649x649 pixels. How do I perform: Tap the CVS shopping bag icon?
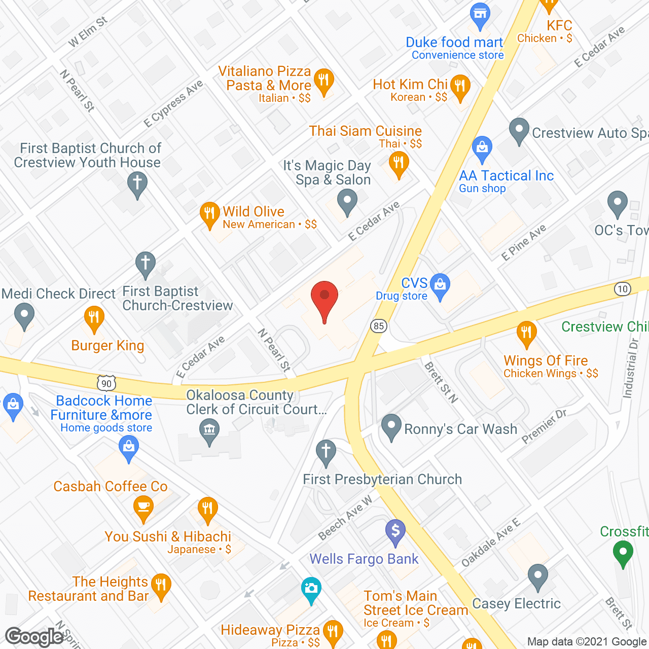point(440,285)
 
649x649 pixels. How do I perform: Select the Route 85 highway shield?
point(379,326)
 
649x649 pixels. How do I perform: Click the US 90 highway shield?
point(106,383)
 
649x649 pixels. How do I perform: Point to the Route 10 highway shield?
point(622,289)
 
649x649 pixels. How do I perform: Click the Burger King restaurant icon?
point(94,318)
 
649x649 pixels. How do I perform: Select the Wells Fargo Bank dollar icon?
point(395,532)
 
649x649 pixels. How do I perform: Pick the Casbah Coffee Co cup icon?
point(143,508)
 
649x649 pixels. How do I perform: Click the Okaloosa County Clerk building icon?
point(209,431)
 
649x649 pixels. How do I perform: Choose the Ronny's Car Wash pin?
point(391,426)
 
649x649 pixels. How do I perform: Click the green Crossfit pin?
point(623,553)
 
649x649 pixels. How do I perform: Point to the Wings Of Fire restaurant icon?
point(526,333)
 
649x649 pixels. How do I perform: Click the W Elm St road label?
point(88,31)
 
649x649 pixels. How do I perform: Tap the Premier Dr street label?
point(544,426)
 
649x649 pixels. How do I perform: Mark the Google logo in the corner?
point(34,637)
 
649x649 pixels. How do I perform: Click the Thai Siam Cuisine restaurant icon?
point(399,164)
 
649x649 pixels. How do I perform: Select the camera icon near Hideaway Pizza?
point(311,589)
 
